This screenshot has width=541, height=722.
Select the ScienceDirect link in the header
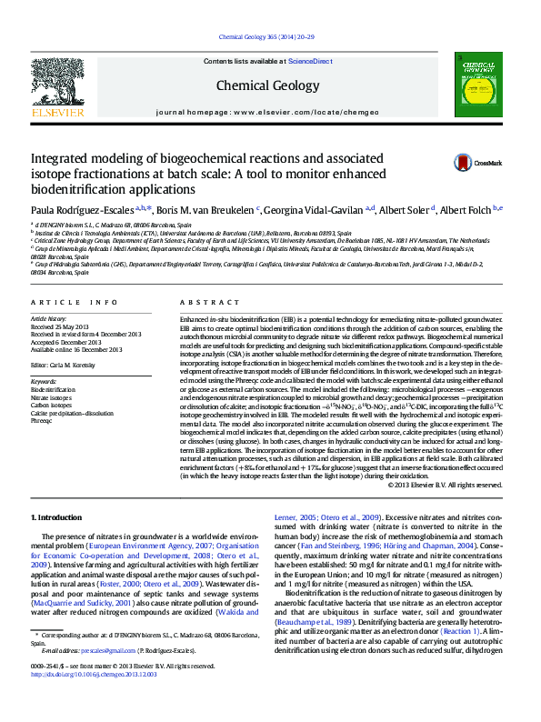pos(309,61)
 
